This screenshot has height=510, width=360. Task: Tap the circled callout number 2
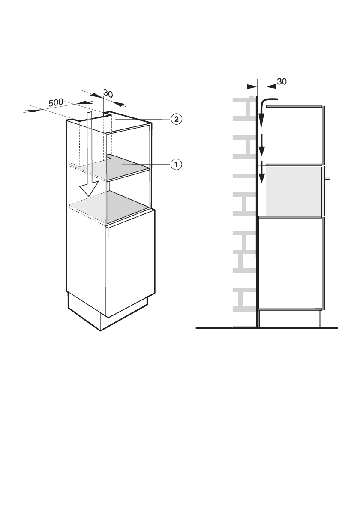click(x=175, y=119)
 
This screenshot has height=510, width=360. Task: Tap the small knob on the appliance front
click(x=327, y=177)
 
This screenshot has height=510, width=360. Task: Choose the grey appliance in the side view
click(x=294, y=191)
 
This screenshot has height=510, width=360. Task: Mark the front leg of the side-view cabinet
click(x=320, y=318)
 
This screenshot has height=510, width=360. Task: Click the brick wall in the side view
click(x=243, y=214)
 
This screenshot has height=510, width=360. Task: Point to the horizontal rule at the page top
click(x=180, y=38)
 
